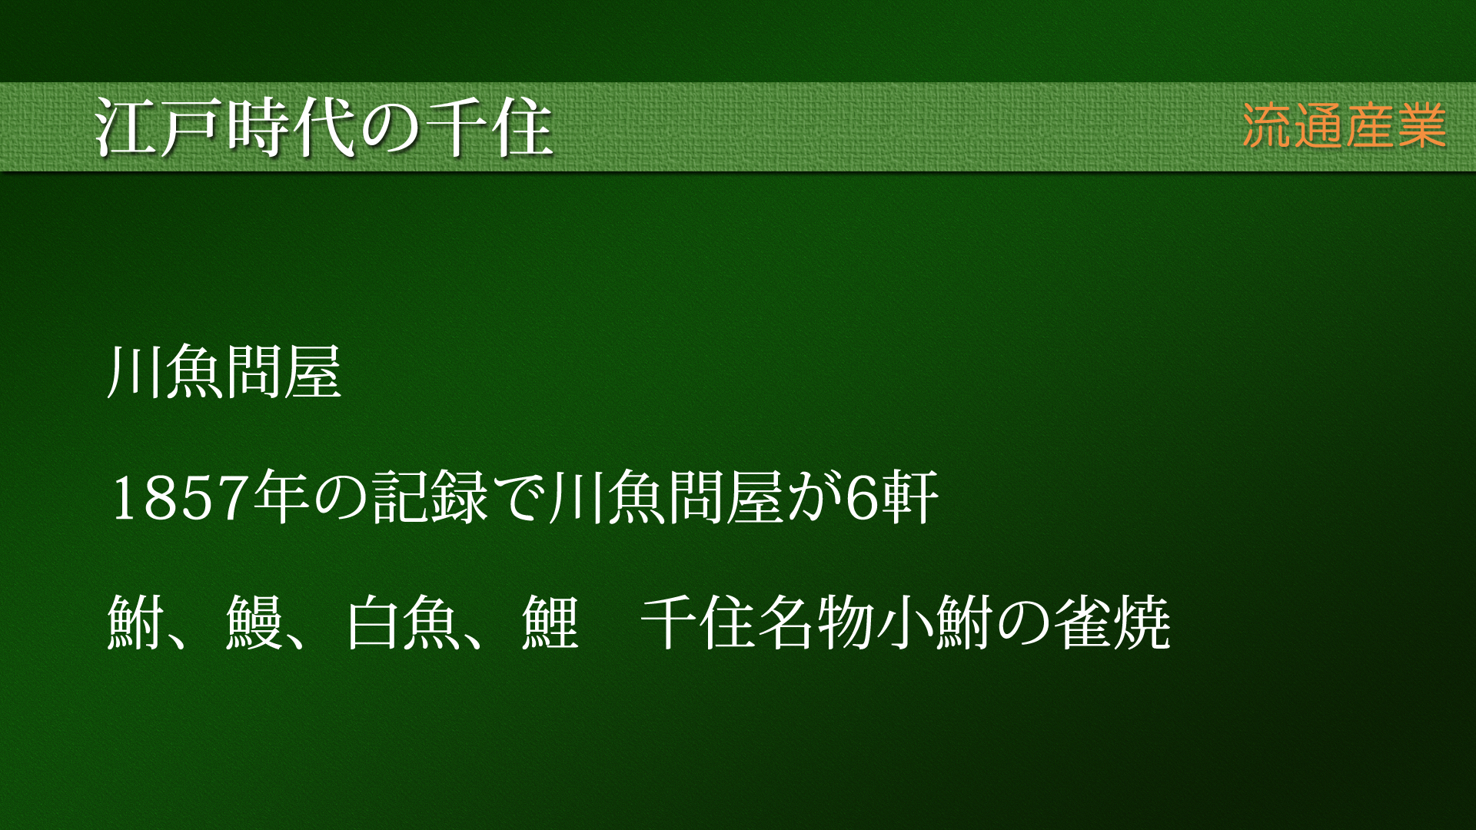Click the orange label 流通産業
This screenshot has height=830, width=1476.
pos(1344,125)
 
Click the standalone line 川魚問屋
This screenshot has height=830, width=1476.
pos(224,373)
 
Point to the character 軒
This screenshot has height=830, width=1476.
pos(910,497)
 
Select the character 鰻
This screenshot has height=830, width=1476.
pos(254,622)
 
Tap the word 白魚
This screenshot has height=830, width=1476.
pos(402,622)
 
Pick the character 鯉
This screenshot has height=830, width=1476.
pos(550,622)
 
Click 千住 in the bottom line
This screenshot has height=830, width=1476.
pos(698,622)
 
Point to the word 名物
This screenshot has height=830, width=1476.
pos(816,622)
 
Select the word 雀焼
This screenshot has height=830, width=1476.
pos(1112,622)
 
